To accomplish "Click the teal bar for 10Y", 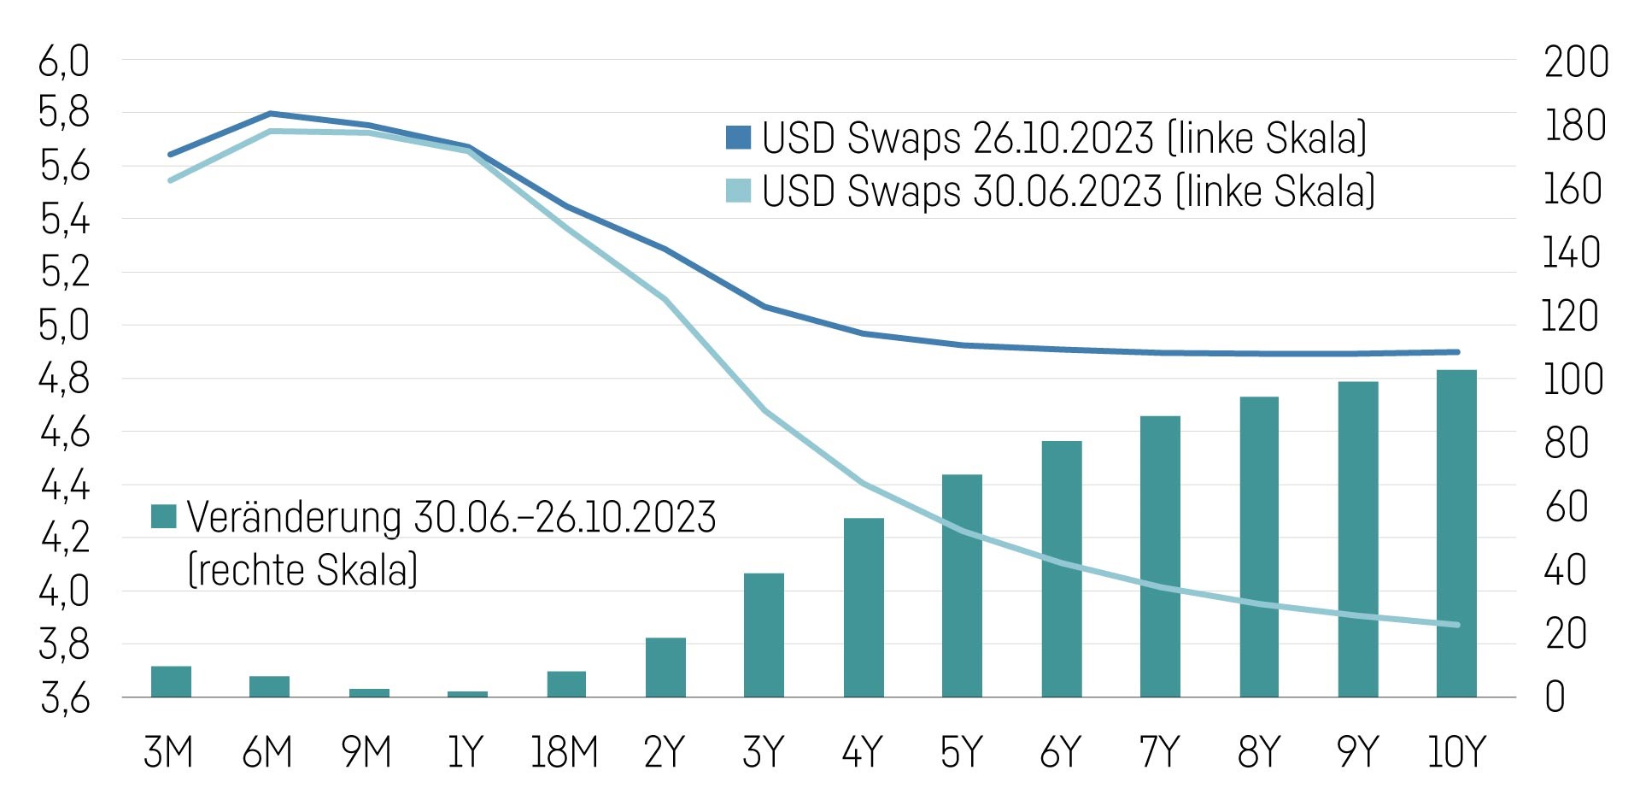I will point(1456,533).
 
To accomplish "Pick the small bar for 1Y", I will point(467,694).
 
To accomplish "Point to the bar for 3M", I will point(171,681).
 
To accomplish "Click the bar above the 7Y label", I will point(1160,556).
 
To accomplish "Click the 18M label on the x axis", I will point(564,753).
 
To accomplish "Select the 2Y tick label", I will point(665,753).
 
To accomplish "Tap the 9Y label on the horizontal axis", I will point(1357,753).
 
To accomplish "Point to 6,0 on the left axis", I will point(64,62).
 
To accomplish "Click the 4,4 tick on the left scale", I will point(65,486).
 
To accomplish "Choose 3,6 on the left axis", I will point(65,699).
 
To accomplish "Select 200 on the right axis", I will point(1576,62).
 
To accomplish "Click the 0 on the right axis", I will point(1555,697).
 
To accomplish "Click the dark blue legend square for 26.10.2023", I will point(738,138).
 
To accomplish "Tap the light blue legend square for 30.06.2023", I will point(738,191).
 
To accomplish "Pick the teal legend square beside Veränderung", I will point(163,516).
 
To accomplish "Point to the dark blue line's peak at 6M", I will point(270,113).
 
